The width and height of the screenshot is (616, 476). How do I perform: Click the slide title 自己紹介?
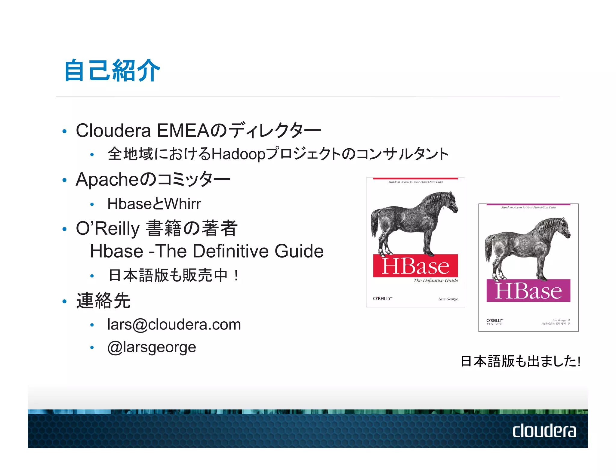click(112, 71)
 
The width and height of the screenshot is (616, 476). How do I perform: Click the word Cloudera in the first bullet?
click(113, 131)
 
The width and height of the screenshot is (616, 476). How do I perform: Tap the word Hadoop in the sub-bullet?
click(239, 154)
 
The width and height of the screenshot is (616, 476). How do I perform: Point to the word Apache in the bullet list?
click(106, 180)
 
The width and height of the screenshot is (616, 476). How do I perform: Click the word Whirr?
click(183, 204)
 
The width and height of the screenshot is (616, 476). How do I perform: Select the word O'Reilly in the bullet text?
click(108, 228)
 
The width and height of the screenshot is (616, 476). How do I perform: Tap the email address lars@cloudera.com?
click(174, 324)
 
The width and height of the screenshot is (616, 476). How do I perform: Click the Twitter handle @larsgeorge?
click(152, 347)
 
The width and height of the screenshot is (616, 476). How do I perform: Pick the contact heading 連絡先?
click(103, 301)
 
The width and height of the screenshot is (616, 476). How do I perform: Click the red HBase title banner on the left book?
click(415, 266)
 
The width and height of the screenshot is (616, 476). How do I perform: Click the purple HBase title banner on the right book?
click(528, 291)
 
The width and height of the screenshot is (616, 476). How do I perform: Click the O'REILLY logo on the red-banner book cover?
click(383, 298)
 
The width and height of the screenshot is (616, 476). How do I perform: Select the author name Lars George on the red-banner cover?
click(448, 299)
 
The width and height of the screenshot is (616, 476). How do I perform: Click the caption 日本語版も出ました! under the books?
click(520, 361)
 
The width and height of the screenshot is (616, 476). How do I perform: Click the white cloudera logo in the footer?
click(544, 431)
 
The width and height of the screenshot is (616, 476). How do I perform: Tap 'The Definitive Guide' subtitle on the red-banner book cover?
click(436, 281)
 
